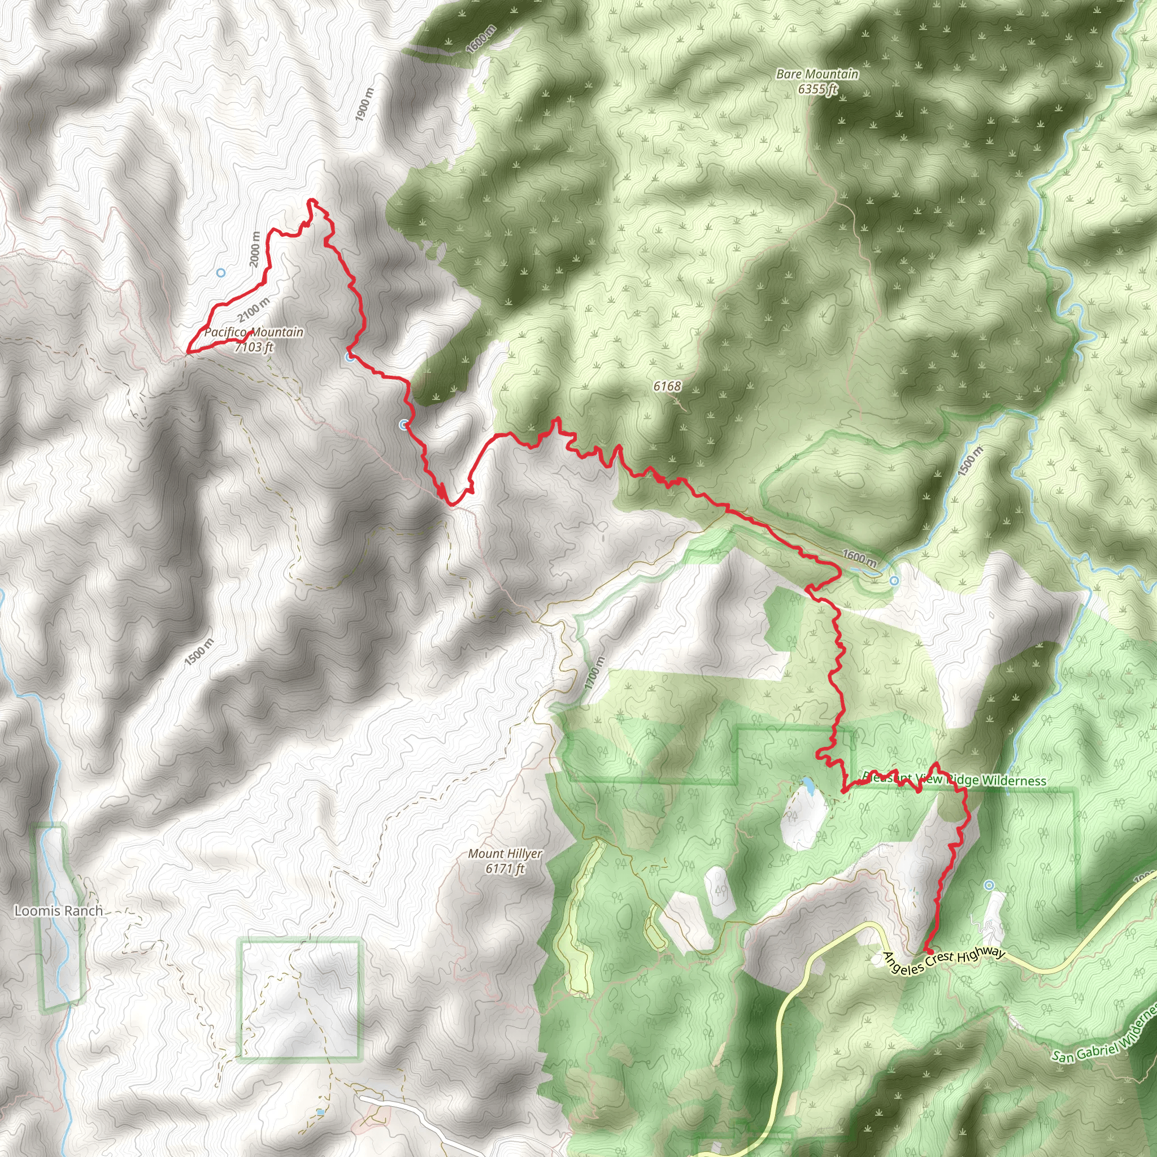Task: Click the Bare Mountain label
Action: [x=817, y=74]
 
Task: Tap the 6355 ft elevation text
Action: [x=817, y=89]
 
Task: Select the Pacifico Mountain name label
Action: [x=254, y=332]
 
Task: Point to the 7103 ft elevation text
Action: [x=254, y=347]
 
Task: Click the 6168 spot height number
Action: [x=667, y=386]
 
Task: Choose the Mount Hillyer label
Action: [x=505, y=854]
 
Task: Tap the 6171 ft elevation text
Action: [x=505, y=868]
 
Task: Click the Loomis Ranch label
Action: [x=59, y=911]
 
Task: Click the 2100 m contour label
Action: [x=253, y=309]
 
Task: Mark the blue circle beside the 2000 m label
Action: [x=220, y=272]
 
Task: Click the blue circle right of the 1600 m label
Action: [x=894, y=580]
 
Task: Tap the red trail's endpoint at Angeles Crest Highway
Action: [x=929, y=951]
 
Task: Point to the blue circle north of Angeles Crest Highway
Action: [x=989, y=885]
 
